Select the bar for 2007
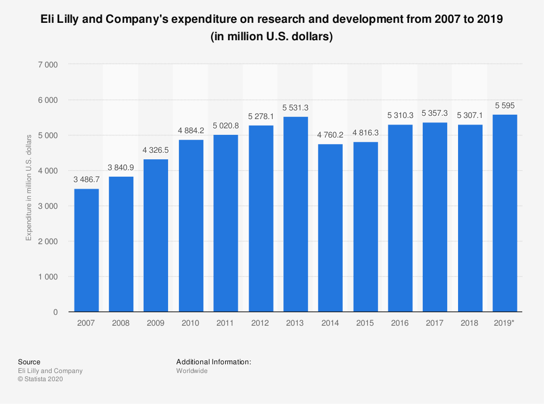point(86,250)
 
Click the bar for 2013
point(295,214)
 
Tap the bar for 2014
point(330,228)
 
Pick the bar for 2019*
point(504,213)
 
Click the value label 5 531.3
point(295,108)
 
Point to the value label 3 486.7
point(86,181)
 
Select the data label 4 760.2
point(330,136)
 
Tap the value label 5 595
point(504,106)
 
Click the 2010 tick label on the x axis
point(190,323)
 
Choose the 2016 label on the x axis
point(400,323)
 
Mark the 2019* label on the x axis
point(504,323)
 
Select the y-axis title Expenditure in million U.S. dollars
point(29,188)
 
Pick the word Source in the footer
point(29,362)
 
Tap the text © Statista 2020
point(41,380)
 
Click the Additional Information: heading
point(213,362)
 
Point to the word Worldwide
point(192,371)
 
